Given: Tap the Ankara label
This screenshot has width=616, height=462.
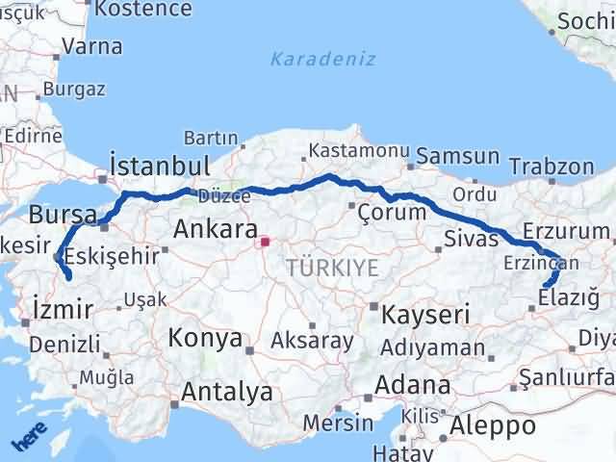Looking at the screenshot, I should [215, 230].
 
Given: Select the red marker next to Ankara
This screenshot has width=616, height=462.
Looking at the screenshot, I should [265, 242].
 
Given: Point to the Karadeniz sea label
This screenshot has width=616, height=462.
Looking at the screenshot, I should [309, 59].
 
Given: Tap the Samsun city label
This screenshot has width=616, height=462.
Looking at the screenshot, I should [458, 156].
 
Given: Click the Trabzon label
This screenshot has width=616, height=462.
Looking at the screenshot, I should [552, 167].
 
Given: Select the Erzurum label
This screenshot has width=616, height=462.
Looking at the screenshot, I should [566, 231].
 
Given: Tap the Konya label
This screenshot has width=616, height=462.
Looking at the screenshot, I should [205, 338].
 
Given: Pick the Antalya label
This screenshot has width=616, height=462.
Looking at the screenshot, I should [227, 392].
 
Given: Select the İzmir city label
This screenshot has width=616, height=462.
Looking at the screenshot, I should [63, 310].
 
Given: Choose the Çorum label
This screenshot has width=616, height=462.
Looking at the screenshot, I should [392, 212].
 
